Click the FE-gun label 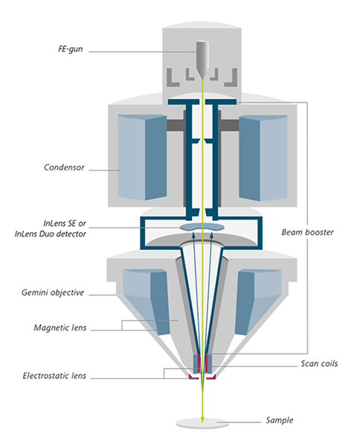[71, 49]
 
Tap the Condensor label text [64, 167]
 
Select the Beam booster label [307, 232]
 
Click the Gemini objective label [53, 292]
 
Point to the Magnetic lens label [60, 327]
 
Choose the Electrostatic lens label [54, 375]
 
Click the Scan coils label [319, 363]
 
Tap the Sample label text [280, 420]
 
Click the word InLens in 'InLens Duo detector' [26, 234]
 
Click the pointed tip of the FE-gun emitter [202, 79]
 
